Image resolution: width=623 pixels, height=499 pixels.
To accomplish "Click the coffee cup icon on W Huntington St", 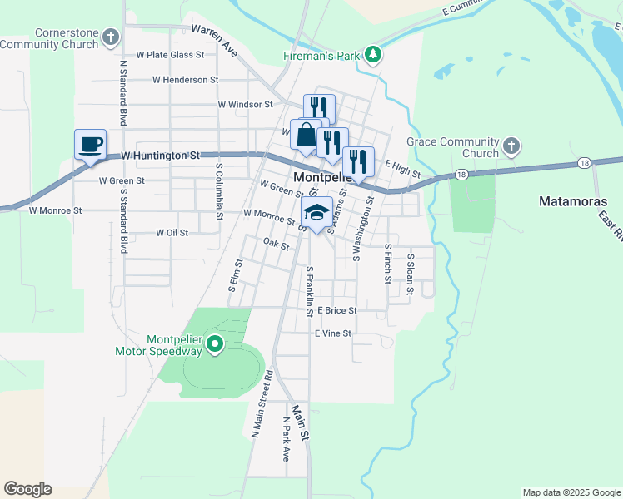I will click(90, 145).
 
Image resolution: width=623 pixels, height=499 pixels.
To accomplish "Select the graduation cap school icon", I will click(316, 213).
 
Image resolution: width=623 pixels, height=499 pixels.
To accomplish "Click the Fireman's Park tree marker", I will click(374, 56).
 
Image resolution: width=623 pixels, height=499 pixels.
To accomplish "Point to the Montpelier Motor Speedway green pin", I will click(214, 343).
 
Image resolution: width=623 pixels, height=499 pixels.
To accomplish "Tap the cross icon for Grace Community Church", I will click(511, 147).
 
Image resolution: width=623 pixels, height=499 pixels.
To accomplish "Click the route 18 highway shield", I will click(461, 175).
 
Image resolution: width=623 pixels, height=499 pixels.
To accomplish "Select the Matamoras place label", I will click(574, 201).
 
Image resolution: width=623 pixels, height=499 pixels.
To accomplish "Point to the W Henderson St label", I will click(185, 80).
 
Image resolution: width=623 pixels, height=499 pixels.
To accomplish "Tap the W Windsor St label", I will click(245, 105).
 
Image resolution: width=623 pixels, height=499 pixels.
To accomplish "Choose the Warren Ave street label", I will click(215, 40).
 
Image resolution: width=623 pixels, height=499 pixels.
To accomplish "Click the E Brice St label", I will click(336, 310).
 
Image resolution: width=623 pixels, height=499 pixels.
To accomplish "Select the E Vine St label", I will click(333, 333).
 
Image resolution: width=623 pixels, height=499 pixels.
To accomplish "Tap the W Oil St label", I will click(172, 233).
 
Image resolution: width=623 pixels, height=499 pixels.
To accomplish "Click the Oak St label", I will click(276, 245).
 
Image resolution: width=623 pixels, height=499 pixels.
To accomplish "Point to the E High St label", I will click(403, 170).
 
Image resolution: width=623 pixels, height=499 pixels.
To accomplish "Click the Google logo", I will click(27, 489).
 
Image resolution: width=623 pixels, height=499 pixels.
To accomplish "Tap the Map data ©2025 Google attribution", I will click(571, 492).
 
